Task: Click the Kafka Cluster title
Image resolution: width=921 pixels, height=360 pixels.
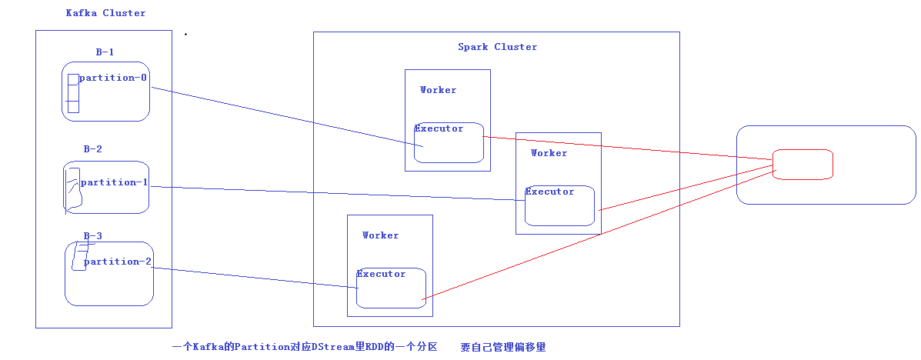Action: (x=105, y=13)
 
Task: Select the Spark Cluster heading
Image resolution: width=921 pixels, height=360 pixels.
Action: (x=497, y=47)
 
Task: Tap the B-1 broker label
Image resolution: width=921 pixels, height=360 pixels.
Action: (x=105, y=52)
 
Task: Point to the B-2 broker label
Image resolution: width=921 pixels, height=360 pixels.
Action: (x=92, y=149)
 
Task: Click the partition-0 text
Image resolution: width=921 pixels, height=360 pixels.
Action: (x=113, y=78)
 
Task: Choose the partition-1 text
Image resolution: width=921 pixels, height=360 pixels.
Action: (x=114, y=182)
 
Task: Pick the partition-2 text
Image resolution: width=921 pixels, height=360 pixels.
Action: (x=117, y=262)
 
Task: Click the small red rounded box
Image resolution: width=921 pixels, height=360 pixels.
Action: (x=803, y=165)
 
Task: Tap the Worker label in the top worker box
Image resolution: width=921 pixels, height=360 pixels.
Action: (x=438, y=90)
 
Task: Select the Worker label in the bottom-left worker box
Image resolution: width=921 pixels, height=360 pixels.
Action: (x=380, y=235)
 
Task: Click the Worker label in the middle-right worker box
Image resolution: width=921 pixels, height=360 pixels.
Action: (x=549, y=153)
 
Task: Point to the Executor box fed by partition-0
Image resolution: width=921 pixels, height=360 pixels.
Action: (x=449, y=143)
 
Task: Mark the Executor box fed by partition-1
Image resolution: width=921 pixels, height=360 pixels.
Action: (x=559, y=206)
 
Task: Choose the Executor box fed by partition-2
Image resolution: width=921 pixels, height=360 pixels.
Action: (x=391, y=288)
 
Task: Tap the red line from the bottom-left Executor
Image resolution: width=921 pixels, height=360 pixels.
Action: (x=600, y=235)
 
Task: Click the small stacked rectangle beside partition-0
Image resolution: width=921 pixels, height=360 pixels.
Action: (x=73, y=93)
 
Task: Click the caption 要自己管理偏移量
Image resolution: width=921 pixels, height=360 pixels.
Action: (x=503, y=348)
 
